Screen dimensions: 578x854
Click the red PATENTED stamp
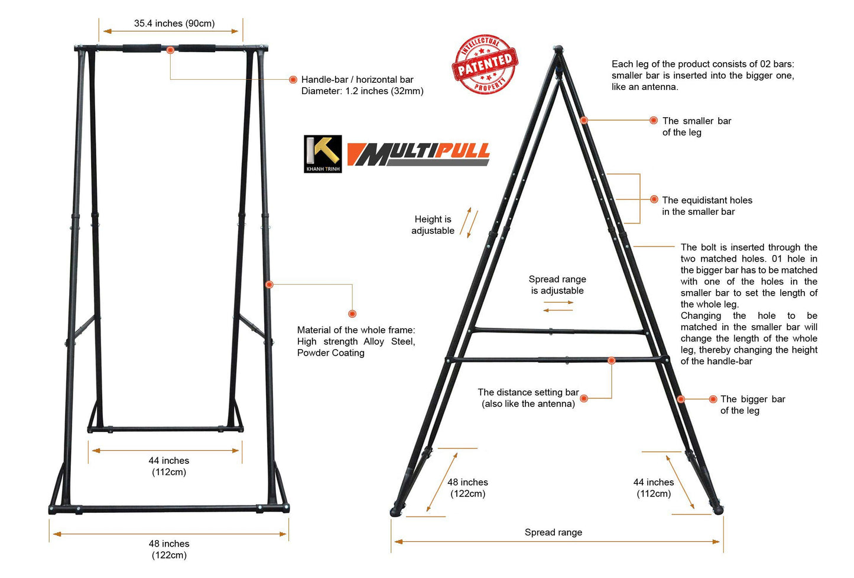[485, 64]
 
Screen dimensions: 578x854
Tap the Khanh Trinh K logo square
[323, 154]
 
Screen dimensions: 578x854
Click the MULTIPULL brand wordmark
[418, 154]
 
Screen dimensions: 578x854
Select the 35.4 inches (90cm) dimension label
[174, 24]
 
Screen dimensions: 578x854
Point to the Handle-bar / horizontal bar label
[358, 80]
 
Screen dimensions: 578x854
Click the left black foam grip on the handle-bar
[142, 49]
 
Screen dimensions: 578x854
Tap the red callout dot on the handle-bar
[170, 50]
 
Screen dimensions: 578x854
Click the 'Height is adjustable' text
[433, 225]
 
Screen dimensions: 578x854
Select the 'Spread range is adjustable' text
[557, 285]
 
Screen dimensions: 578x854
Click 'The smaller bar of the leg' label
[696, 127]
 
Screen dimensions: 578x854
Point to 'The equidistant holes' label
[707, 201]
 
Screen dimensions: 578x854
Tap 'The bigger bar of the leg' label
[752, 405]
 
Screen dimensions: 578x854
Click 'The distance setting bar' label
[528, 392]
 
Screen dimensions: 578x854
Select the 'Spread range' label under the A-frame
[553, 532]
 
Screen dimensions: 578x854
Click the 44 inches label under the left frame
[169, 466]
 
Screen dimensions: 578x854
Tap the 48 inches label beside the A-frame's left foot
[467, 488]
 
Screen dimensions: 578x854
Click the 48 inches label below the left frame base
[169, 549]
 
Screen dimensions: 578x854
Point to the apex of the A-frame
[557, 49]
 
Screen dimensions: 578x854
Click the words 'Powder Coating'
[331, 353]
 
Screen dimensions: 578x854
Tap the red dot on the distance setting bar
[612, 360]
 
